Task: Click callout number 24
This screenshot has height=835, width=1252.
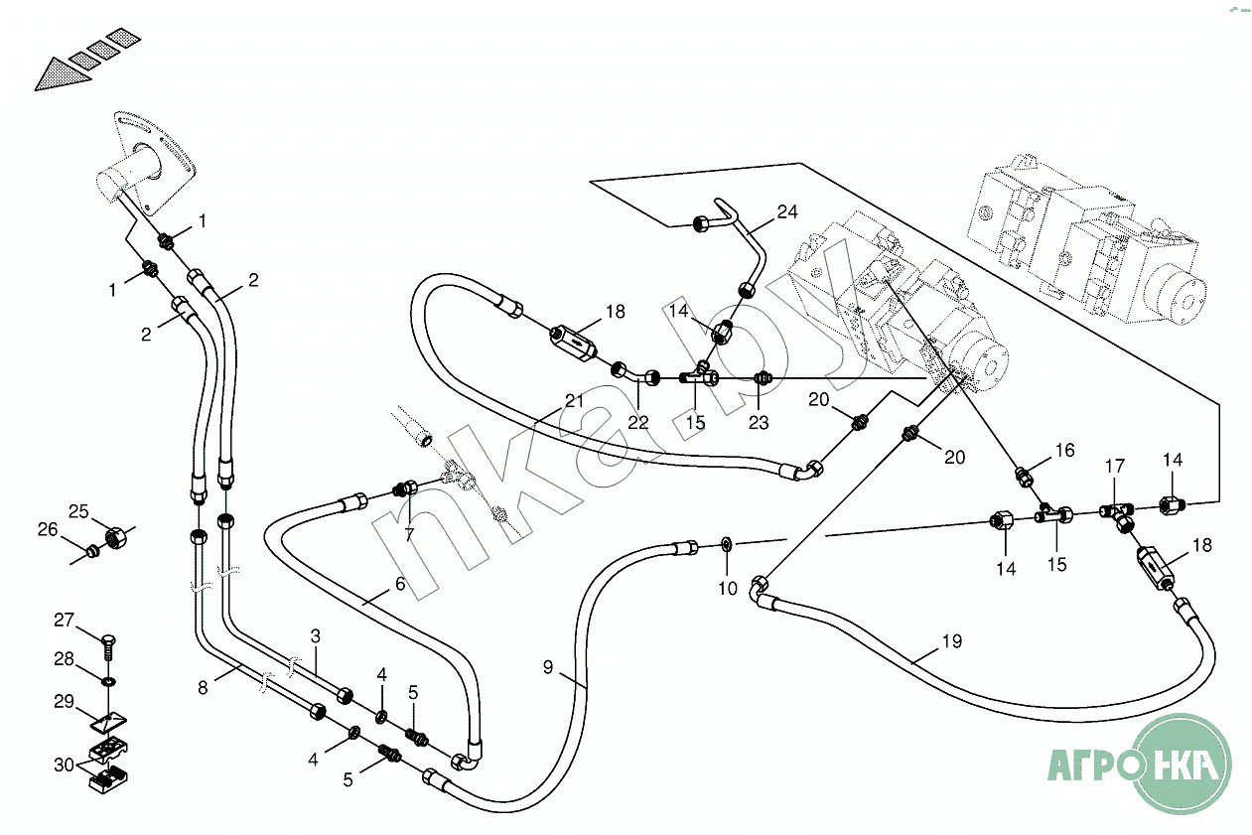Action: pos(787,211)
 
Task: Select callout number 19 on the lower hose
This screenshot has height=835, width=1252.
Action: pos(952,640)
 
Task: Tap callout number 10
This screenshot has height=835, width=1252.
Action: pos(728,588)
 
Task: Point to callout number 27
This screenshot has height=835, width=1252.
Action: pos(64,620)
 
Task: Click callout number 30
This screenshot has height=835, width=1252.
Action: pos(65,765)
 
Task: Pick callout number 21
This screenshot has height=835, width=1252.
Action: pos(574,401)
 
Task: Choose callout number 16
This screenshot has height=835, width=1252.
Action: pos(1064,450)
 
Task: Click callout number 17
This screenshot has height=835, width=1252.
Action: pos(1115,466)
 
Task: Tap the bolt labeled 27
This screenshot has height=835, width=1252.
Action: pos(109,648)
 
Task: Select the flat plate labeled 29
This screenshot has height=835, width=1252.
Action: pos(108,721)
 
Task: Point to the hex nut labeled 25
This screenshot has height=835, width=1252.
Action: pos(116,539)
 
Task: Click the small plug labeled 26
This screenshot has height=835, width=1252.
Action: pos(91,552)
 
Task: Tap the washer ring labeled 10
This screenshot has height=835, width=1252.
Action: pos(727,543)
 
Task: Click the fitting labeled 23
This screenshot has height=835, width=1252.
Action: pos(763,379)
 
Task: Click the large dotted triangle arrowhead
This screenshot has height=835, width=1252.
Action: pos(62,74)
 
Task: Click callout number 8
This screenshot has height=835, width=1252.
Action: pos(203,687)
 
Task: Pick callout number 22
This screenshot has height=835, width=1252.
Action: pos(637,423)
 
